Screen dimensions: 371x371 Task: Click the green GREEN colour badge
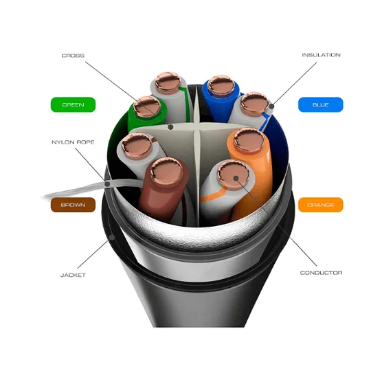[x=73, y=104]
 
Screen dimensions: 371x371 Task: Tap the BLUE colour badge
[x=321, y=104]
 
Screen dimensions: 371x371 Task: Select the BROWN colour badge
[x=73, y=205]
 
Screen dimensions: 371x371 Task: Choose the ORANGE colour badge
[x=321, y=205]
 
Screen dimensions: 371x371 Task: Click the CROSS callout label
[x=73, y=56]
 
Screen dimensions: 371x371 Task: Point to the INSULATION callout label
[x=321, y=55]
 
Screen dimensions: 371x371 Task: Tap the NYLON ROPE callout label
[x=73, y=142]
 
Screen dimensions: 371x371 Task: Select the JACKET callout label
[x=73, y=276]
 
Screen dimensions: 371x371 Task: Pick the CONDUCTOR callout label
[x=321, y=273]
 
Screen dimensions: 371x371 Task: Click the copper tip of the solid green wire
[x=147, y=106]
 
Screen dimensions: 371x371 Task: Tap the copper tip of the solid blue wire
[x=221, y=85]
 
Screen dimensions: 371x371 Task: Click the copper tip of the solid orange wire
[x=249, y=140]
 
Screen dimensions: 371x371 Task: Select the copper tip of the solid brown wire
[x=167, y=172]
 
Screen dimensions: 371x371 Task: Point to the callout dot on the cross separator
[x=170, y=127]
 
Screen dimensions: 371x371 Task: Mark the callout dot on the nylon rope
[x=107, y=184]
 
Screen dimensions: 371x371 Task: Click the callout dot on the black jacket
[x=112, y=237]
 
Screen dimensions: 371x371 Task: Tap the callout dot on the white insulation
[x=271, y=106]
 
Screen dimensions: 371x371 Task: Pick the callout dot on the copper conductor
[x=236, y=178]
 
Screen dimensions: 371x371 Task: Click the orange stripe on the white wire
[x=213, y=194]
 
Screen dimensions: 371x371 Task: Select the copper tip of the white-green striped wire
[x=168, y=82]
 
